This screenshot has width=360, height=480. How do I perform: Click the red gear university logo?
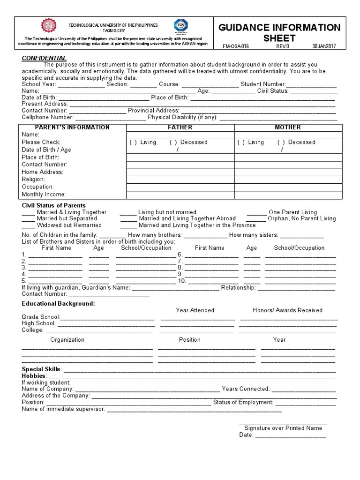point(48,26)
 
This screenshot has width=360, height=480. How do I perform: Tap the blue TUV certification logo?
point(180,26)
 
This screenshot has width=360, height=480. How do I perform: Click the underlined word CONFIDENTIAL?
point(44,58)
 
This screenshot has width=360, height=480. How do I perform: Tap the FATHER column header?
point(180,127)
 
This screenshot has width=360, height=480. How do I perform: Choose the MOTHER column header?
point(288,127)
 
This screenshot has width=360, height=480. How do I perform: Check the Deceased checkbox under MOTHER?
point(281,142)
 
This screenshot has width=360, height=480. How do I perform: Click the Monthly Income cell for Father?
point(180,195)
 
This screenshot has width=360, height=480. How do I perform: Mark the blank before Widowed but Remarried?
point(28,225)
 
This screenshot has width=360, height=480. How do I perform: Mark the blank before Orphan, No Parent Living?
point(256,219)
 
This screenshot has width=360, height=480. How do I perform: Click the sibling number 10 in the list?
point(181,281)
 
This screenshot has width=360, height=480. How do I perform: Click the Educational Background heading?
point(58,304)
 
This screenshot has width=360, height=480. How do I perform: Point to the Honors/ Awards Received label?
point(287,310)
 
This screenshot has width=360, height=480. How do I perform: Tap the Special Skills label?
point(41,369)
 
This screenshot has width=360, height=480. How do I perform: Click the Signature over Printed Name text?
point(283,428)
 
